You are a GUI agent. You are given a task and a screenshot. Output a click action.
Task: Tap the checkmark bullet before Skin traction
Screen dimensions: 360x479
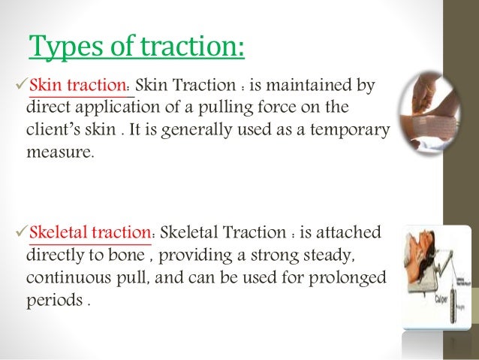coord(20,86)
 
